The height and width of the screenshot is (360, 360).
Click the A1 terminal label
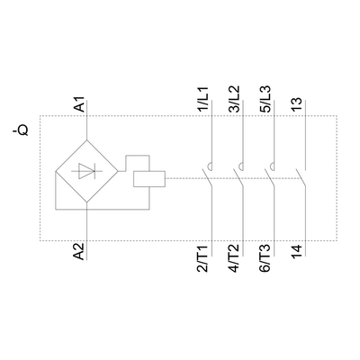point(80,103)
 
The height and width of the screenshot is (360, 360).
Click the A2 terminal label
point(79,251)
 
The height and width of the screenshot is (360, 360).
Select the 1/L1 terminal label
point(202,99)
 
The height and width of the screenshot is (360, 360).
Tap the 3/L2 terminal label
point(234,99)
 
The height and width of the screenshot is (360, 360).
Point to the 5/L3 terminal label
point(265,99)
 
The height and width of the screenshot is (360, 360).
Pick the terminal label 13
point(297,104)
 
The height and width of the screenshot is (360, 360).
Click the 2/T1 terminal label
point(202,259)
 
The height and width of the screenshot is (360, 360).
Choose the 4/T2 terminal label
point(234,258)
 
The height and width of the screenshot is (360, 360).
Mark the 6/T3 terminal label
point(265,259)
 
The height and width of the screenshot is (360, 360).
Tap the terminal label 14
point(297,252)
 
